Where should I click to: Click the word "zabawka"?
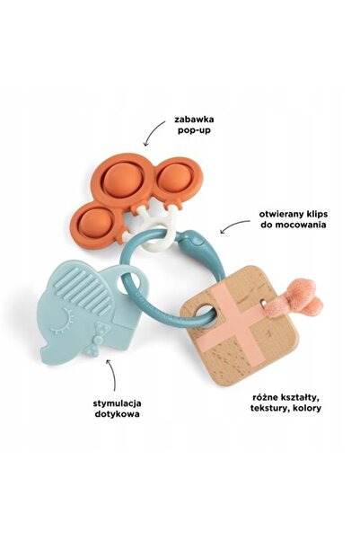(194, 120)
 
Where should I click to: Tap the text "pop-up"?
(194, 131)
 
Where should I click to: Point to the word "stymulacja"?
(117, 403)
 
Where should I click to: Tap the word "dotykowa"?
(117, 414)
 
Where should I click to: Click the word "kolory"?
(306, 408)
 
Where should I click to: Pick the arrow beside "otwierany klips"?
(234, 226)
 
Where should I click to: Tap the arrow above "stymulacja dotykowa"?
(112, 375)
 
